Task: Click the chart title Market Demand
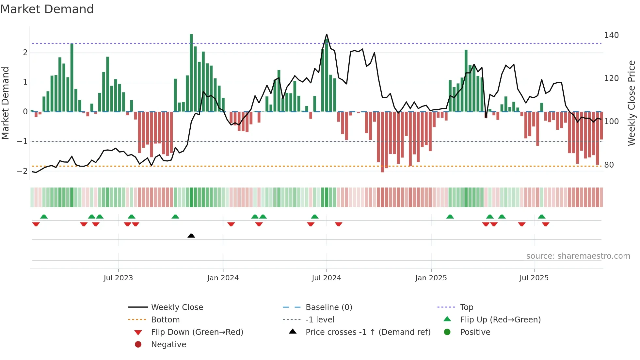[47, 9]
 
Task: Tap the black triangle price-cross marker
[191, 236]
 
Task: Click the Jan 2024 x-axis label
[223, 278]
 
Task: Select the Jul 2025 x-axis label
[534, 278]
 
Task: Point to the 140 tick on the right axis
[611, 35]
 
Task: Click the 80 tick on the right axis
[609, 165]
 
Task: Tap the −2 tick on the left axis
[22, 171]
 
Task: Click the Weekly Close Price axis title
[632, 103]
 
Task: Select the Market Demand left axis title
[5, 103]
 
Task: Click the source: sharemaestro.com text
[578, 256]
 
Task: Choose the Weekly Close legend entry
[177, 307]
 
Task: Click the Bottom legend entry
[165, 320]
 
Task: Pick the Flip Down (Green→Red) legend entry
[197, 332]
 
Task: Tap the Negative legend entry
[168, 345]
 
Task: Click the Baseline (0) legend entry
[328, 307]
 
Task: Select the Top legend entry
[466, 307]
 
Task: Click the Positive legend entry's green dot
[447, 332]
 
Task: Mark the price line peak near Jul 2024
[327, 34]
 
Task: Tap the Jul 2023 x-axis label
[118, 278]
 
